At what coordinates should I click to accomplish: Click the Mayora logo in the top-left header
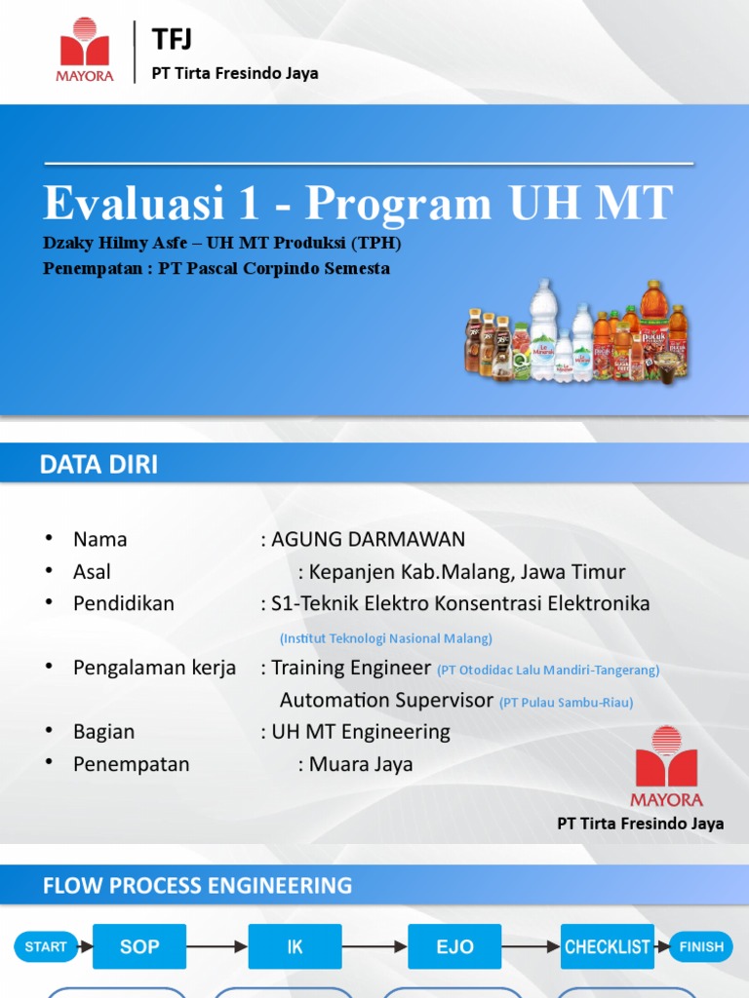pyautogui.click(x=87, y=50)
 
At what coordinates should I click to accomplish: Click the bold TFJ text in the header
pyautogui.click(x=173, y=39)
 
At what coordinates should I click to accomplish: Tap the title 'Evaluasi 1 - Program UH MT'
pyautogui.click(x=358, y=203)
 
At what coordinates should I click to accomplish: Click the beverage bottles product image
pyautogui.click(x=575, y=331)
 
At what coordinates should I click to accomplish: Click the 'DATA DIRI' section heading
pyautogui.click(x=99, y=465)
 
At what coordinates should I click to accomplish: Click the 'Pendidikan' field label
pyautogui.click(x=124, y=603)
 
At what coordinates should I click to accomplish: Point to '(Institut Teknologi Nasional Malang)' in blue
pyautogui.click(x=385, y=638)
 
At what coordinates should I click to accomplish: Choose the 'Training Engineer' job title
pyautogui.click(x=351, y=668)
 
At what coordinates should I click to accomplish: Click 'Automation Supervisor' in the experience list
pyautogui.click(x=387, y=700)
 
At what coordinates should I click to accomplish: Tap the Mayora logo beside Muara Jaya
pyautogui.click(x=666, y=767)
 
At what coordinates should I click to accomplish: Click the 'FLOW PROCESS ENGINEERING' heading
pyautogui.click(x=197, y=886)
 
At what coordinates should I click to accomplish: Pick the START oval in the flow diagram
pyautogui.click(x=46, y=946)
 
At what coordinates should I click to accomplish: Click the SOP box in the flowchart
pyautogui.click(x=139, y=946)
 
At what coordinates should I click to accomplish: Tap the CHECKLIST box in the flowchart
pyautogui.click(x=608, y=946)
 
